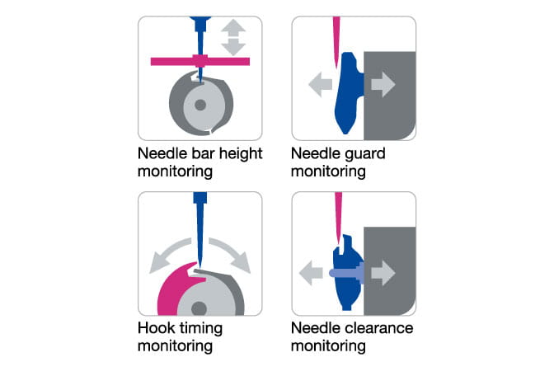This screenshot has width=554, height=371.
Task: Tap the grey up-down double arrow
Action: tap(234, 37)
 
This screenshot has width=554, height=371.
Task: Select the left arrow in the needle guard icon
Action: tap(314, 84)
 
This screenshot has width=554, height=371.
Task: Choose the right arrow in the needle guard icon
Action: tap(383, 84)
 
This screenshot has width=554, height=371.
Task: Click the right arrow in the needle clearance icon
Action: tap(383, 272)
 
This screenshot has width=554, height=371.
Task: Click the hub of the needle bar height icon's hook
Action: tap(198, 106)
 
